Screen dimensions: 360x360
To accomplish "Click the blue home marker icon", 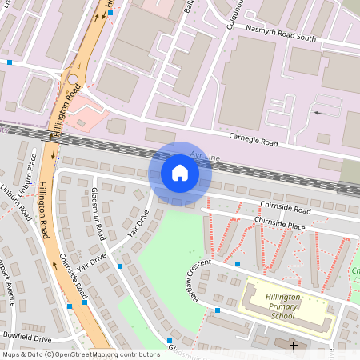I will pos(179,172).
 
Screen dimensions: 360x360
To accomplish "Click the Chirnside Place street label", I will pos(279,222).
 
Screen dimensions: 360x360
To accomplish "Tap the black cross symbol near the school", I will pos(294,346).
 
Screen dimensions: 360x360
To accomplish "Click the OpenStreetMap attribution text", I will pos(80,354).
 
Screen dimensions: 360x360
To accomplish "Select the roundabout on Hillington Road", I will pos(73,80).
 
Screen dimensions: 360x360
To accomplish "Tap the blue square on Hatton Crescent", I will pos(238,263).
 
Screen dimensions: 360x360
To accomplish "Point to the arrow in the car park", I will pos(319,113).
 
